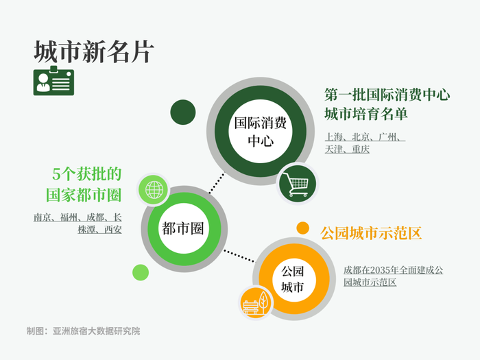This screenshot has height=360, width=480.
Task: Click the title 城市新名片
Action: [94, 51]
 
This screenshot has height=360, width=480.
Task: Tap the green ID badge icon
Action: [53, 81]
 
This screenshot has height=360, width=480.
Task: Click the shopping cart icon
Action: [297, 184]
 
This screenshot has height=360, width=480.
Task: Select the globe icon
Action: [154, 190]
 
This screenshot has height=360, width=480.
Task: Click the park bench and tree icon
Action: [256, 303]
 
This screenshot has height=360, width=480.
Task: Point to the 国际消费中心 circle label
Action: [261, 132]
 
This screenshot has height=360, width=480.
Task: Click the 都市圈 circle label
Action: [183, 228]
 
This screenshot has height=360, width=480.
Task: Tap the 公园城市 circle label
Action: [293, 279]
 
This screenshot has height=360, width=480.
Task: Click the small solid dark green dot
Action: [183, 112]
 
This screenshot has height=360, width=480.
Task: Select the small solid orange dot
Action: [303, 228]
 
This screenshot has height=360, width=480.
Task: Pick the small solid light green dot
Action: [141, 272]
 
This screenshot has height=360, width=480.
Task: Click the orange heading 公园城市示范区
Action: [371, 233]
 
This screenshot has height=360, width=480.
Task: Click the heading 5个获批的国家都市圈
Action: [84, 184]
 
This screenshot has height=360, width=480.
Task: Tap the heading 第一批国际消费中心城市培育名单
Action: [387, 104]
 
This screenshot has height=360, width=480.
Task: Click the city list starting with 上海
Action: [365, 143]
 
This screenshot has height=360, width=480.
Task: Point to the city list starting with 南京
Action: [77, 223]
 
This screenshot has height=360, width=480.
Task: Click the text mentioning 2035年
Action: [393, 276]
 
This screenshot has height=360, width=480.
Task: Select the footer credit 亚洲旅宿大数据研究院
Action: [97, 331]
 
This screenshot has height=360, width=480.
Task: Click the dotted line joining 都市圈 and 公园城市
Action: [239, 256]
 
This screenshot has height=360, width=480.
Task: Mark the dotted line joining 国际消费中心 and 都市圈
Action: [217, 183]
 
